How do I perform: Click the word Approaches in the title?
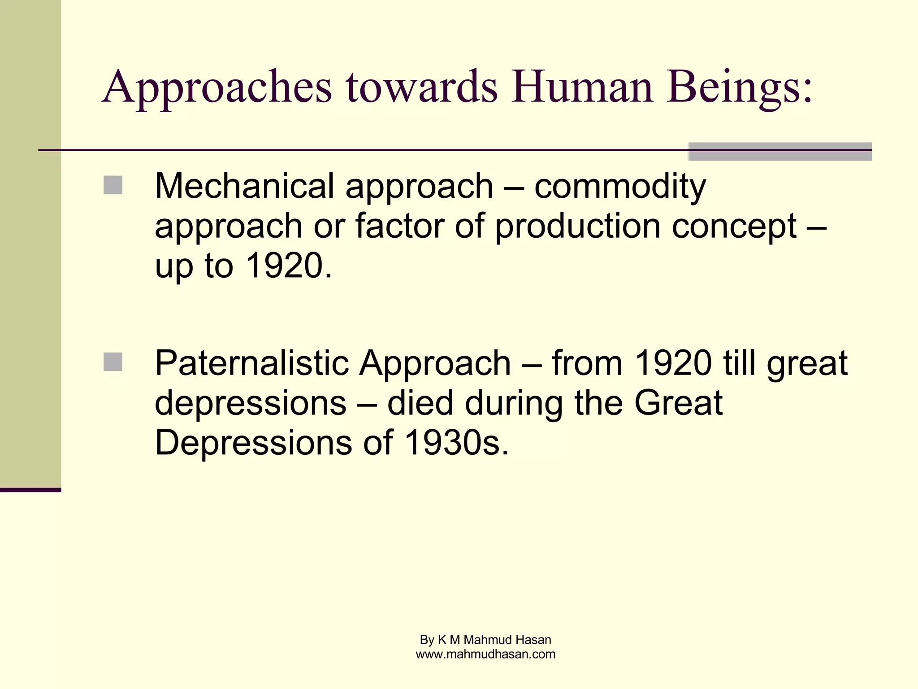(x=217, y=88)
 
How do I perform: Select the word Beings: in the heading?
(x=739, y=88)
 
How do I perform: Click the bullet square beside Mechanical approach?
(x=113, y=185)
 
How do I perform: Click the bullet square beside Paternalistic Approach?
(x=113, y=362)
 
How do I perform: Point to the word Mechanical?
(x=244, y=186)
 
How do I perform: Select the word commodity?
(x=620, y=187)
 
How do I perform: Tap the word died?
(x=420, y=402)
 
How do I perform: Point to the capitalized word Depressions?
(x=253, y=443)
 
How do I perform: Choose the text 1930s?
(x=456, y=443)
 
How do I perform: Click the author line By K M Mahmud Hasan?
(x=485, y=640)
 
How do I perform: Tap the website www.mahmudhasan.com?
(x=485, y=654)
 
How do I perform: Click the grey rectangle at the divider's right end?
(x=779, y=152)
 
